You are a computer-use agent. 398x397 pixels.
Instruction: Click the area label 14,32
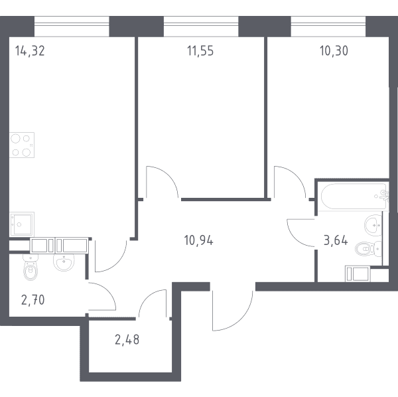point(30,50)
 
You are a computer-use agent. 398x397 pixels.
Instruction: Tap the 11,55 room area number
point(200,50)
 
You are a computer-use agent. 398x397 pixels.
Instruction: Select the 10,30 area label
point(334,50)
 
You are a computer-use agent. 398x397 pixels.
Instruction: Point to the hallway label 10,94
point(199,240)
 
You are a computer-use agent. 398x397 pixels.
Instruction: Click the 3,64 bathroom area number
point(336,240)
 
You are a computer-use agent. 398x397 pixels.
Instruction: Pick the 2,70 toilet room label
point(33,300)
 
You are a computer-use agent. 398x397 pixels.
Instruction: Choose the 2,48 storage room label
point(127,340)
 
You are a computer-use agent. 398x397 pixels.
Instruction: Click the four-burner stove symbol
point(22,145)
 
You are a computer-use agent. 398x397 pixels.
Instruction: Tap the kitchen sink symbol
point(22,224)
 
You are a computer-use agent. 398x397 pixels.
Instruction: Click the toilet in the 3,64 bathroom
point(369,248)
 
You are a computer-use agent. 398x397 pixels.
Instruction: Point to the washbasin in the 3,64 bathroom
point(373,225)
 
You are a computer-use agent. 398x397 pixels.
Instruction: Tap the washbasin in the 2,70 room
point(64,262)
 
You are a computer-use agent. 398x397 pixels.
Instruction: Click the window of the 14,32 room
point(72,27)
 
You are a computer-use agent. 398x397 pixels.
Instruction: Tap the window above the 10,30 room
point(328,27)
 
